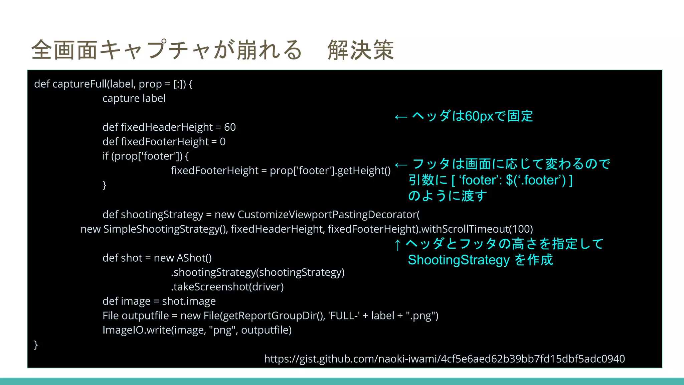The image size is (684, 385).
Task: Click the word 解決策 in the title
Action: point(361,50)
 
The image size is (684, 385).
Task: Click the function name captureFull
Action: point(79,84)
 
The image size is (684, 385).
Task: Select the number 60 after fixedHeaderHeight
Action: point(230,127)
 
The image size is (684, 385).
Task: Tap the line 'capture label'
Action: point(134,99)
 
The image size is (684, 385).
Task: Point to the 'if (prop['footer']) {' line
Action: point(145,156)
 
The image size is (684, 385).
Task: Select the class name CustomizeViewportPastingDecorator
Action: point(328,215)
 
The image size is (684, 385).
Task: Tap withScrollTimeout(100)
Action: point(477,229)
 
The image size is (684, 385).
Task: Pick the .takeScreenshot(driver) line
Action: point(227,287)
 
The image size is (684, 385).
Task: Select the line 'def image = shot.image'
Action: point(159,301)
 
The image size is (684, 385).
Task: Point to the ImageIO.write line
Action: point(197,330)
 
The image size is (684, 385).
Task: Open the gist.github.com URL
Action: point(444,359)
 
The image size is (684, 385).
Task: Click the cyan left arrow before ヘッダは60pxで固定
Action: point(401,117)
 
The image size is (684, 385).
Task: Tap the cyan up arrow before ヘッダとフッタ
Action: point(397,245)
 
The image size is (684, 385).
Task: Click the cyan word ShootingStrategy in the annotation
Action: point(459,260)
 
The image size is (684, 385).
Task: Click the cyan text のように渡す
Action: point(448,196)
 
